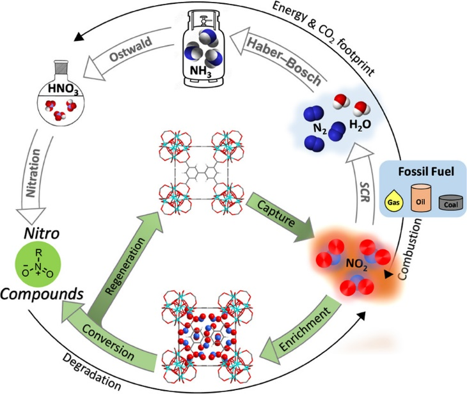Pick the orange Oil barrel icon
(x=421, y=198)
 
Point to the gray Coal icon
(x=447, y=203)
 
